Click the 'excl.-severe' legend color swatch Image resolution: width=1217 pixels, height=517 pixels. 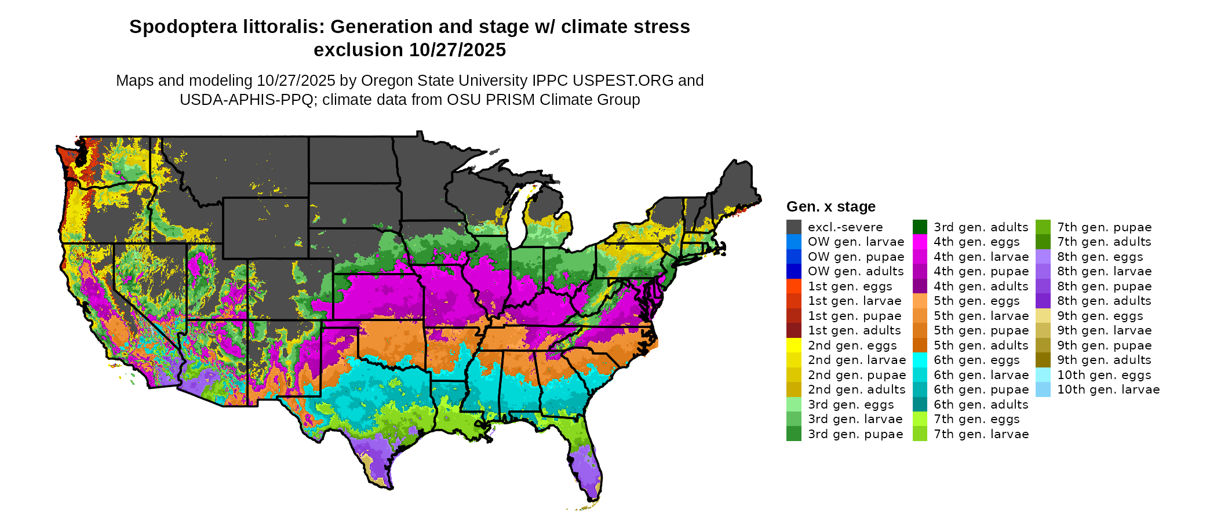tap(793, 227)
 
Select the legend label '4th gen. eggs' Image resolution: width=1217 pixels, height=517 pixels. tap(976, 242)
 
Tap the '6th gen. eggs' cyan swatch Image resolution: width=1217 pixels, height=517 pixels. tap(920, 360)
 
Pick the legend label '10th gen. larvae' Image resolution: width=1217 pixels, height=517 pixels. tap(1108, 389)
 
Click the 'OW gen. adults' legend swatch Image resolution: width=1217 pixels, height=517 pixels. tap(793, 271)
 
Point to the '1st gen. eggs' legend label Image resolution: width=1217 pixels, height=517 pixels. tap(850, 286)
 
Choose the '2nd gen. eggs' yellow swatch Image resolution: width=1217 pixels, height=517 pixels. tap(793, 345)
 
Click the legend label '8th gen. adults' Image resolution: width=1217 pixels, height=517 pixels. tap(1104, 301)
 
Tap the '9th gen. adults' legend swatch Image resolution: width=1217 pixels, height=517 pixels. tap(1043, 360)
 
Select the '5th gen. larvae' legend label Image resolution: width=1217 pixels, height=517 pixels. tap(981, 316)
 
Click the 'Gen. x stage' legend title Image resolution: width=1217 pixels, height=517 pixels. tap(830, 207)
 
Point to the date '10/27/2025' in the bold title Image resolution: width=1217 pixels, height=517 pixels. tap(457, 50)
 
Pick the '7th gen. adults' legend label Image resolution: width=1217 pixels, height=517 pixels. tap(1104, 242)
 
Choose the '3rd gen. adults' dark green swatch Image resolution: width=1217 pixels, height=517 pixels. tap(920, 227)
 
